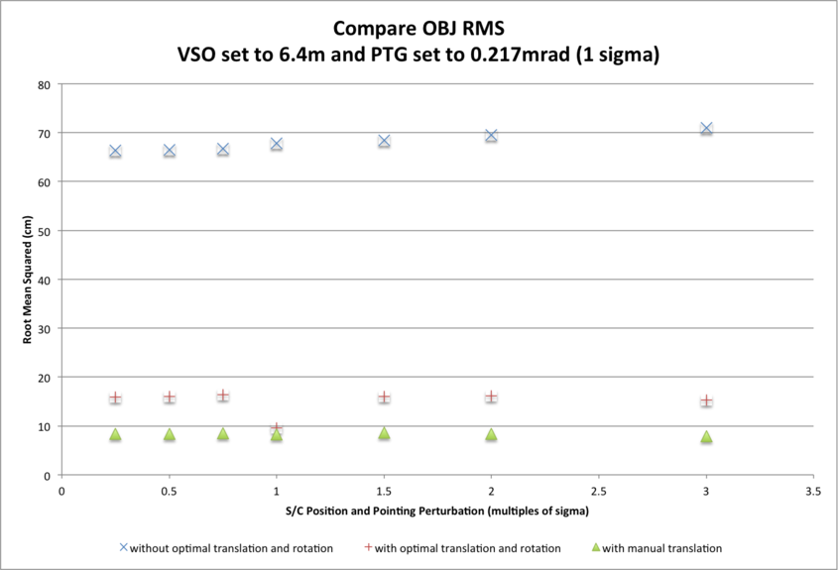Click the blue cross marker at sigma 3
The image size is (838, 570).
click(706, 129)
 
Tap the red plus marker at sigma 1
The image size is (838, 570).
click(277, 428)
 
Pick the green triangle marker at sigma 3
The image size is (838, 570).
click(706, 437)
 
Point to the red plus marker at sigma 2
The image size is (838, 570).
click(491, 397)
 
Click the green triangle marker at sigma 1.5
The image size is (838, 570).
click(384, 433)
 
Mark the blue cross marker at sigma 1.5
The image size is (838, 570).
click(384, 141)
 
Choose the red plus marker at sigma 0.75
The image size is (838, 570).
click(223, 396)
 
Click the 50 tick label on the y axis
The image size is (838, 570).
click(45, 231)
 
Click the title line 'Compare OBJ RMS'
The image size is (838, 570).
click(418, 29)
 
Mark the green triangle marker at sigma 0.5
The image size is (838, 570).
click(170, 434)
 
